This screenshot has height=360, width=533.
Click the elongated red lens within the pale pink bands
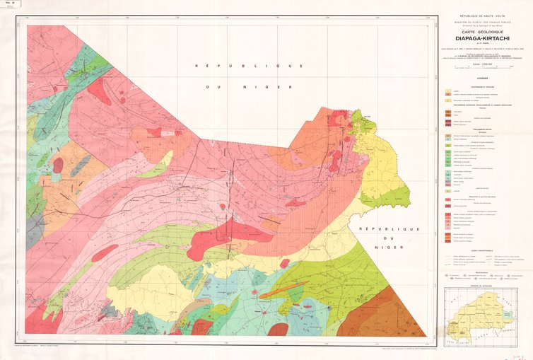[x=104, y=252]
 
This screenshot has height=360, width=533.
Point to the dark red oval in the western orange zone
[x=58, y=166]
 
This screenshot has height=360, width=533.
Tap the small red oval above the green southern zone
[x=284, y=263]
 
